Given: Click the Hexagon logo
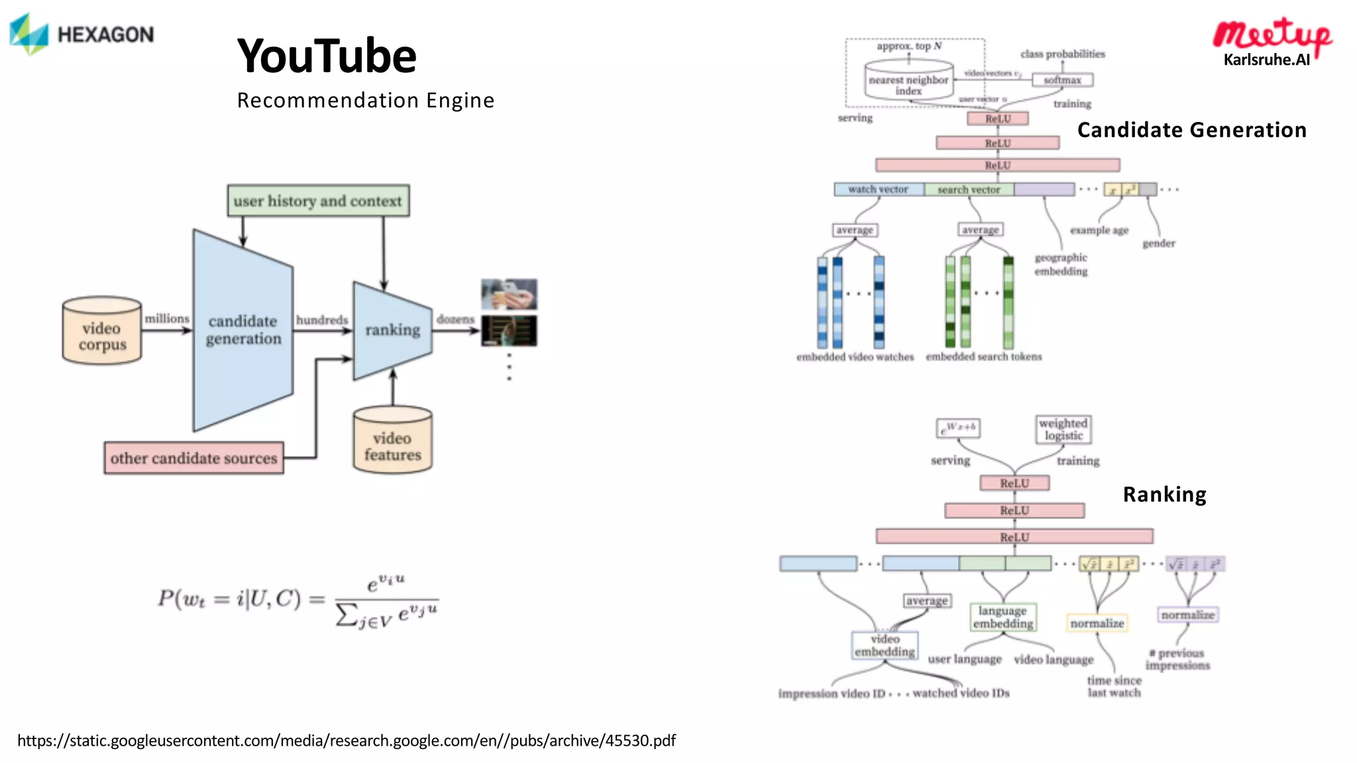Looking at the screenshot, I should tap(81, 34).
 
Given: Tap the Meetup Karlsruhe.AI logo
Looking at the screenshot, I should tap(1271, 42).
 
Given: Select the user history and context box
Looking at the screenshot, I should tap(318, 201).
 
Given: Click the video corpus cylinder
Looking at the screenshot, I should tap(102, 331).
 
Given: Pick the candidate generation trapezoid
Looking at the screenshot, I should tap(243, 330).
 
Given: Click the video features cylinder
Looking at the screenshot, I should tap(392, 440).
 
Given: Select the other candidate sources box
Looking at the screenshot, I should tap(193, 458).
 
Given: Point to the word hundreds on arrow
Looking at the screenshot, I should tap(321, 320).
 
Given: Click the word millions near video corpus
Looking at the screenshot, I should tap(167, 319).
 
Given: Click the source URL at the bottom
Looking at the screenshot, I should tap(347, 740).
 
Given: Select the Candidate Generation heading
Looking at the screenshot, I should tap(1191, 130).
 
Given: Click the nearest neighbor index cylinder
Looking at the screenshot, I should tap(908, 81).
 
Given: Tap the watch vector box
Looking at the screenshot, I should tap(879, 189).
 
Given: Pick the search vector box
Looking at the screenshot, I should tap(968, 189).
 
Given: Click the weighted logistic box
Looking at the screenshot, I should tap(1063, 429).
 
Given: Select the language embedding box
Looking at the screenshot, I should tap(1003, 617).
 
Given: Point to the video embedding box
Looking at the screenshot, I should tap(885, 645).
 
